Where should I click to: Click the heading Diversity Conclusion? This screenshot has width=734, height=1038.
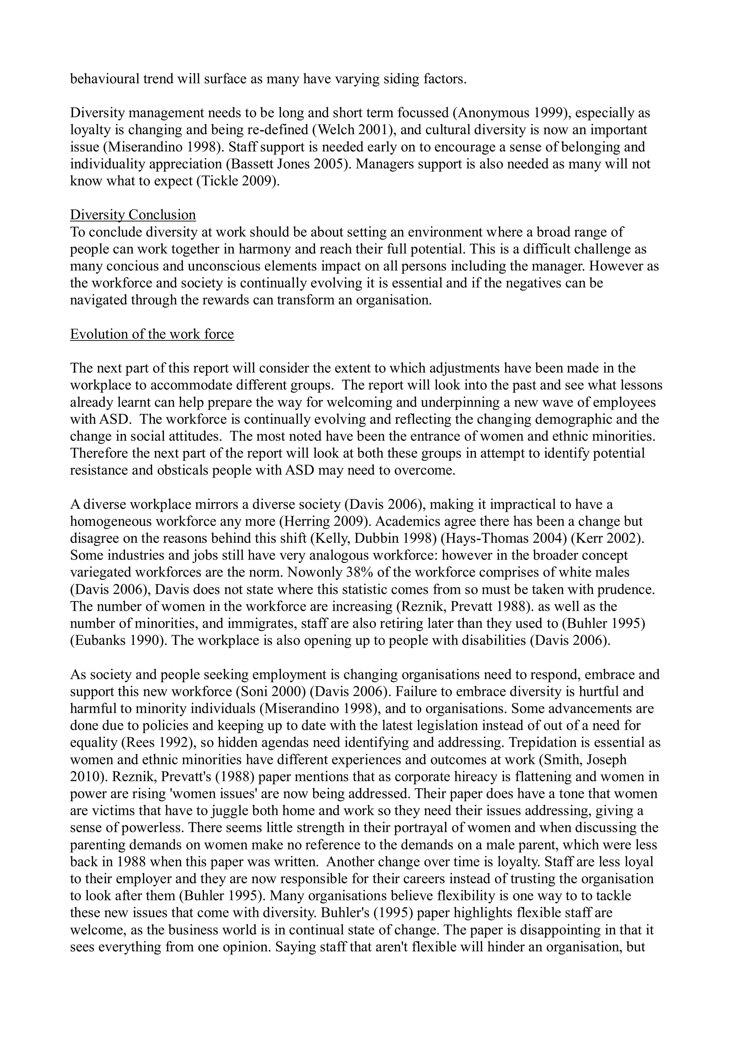(133, 215)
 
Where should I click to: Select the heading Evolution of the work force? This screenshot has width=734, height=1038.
(152, 334)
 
